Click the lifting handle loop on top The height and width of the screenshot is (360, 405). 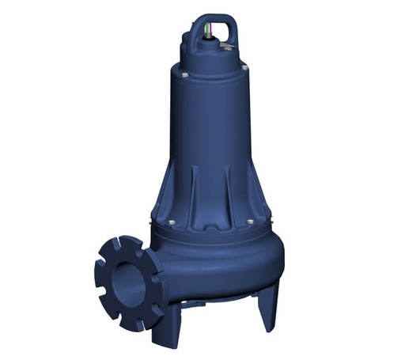[x=229, y=11]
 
